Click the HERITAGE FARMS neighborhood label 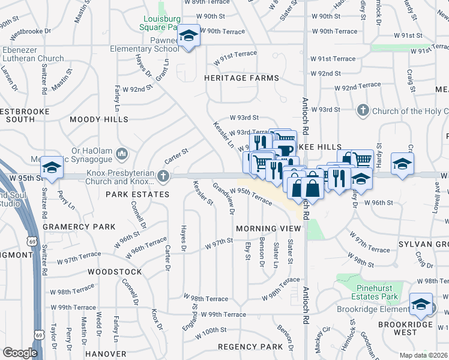tap(241, 78)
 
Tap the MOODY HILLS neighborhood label tap(99, 119)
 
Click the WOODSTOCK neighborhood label tap(115, 271)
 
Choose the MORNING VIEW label tap(268, 229)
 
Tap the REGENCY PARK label tap(250, 347)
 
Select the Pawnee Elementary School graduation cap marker tap(189, 36)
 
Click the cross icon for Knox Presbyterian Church tap(163, 176)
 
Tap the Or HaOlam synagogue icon tap(122, 154)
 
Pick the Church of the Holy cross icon tap(363, 110)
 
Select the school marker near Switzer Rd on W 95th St tap(52, 167)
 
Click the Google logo tap(20, 353)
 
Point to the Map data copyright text tap(424, 355)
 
